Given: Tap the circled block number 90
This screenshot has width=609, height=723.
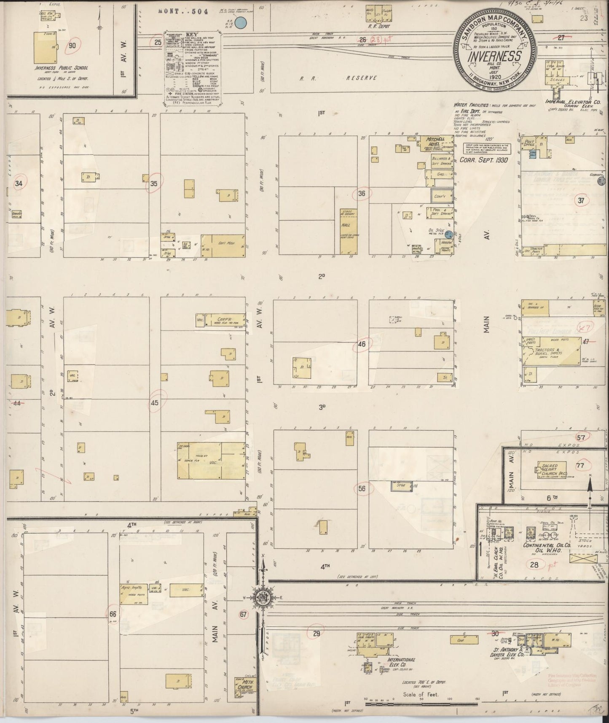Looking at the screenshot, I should [73, 46].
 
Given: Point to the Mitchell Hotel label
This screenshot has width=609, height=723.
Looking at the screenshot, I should [436, 142].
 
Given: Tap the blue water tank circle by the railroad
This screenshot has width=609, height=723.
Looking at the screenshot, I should [241, 23].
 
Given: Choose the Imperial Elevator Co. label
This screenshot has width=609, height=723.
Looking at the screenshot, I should [571, 102].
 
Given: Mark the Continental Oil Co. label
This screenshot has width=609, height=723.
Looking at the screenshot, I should [546, 545].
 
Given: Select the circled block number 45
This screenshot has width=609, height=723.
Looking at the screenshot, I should [155, 402].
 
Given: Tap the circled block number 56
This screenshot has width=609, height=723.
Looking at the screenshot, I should [361, 488].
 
